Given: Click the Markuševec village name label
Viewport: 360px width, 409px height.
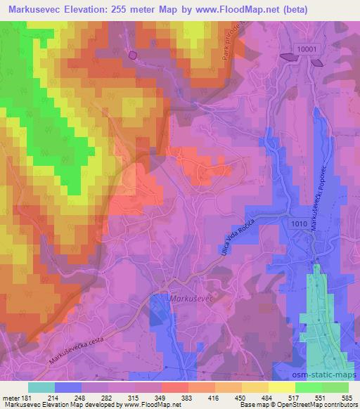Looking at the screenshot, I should [191, 299].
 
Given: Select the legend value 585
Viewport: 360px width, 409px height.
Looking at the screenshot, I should [347, 398].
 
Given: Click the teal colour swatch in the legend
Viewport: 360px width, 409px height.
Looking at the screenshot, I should [41, 387].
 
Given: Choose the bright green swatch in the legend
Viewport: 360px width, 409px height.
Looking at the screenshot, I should [308, 387].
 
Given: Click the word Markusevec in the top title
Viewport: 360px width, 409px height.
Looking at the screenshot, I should [32, 8].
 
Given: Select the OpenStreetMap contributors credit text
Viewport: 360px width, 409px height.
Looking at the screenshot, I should [317, 405].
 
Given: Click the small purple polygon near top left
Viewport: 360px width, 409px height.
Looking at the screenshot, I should [132, 54].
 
